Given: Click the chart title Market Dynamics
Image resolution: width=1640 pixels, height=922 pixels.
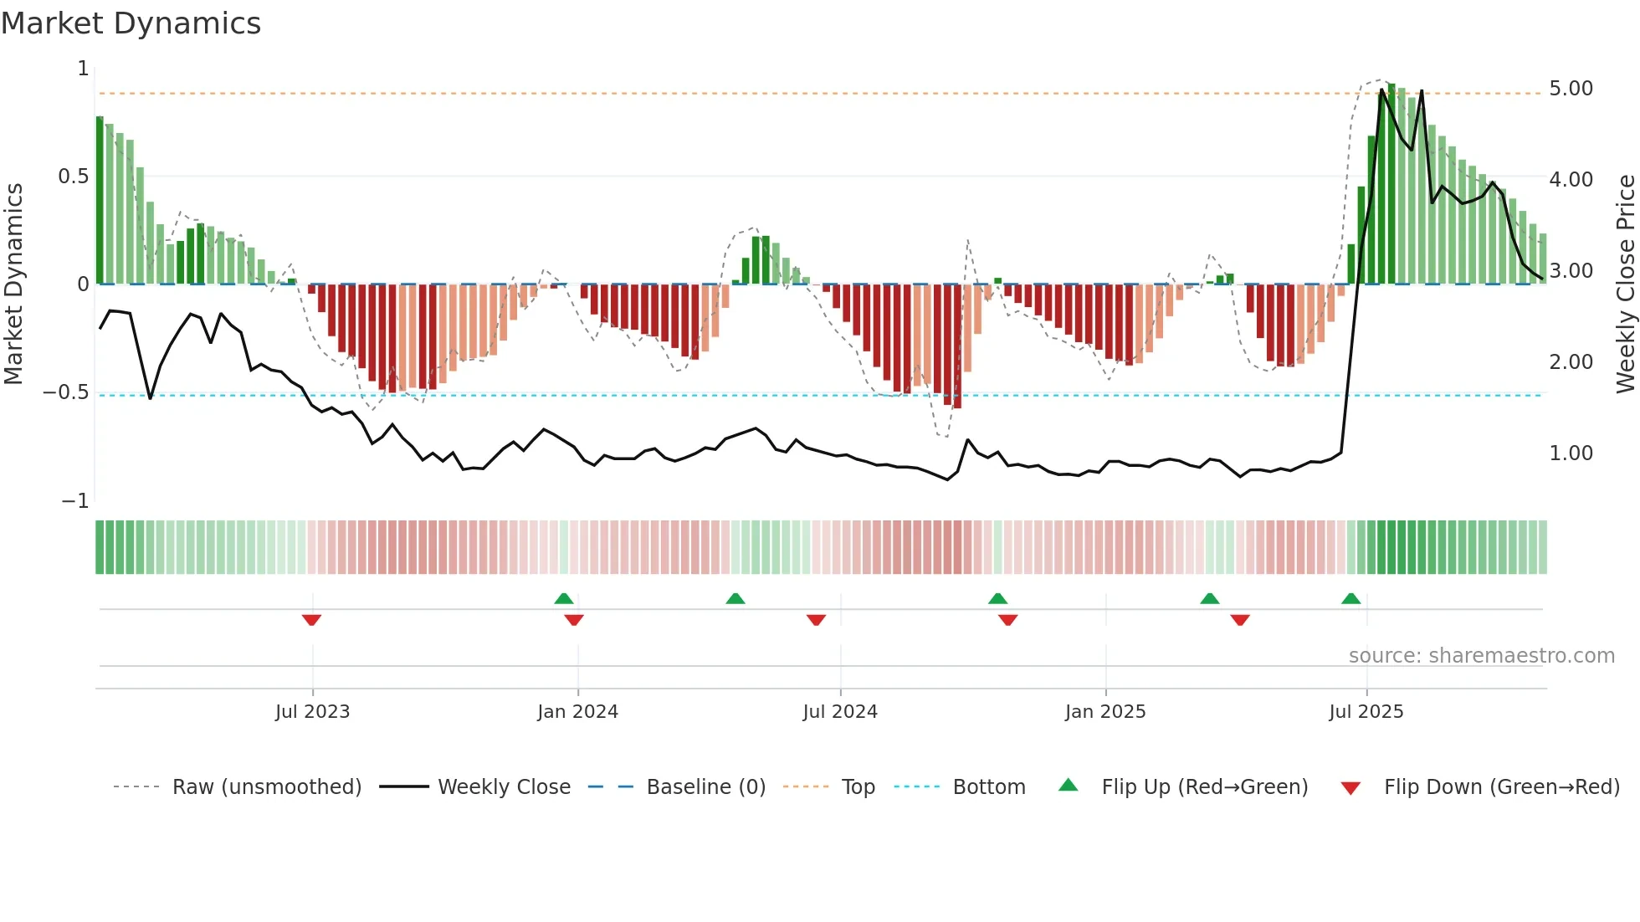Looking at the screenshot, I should [x=131, y=23].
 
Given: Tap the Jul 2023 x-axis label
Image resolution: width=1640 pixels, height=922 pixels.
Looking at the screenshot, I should [x=312, y=712].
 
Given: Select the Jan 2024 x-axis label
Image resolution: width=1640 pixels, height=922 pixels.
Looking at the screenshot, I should [x=577, y=712].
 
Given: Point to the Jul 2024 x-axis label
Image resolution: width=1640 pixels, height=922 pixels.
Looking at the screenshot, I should [x=840, y=712].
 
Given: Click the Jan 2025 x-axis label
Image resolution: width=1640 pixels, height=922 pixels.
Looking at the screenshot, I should [x=1105, y=712].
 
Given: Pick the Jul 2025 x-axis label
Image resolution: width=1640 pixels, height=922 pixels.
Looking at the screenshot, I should [x=1366, y=712].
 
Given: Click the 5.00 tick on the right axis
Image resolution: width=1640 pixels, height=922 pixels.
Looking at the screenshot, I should [x=1571, y=89].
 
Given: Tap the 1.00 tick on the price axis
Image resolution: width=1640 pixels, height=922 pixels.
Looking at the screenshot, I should [x=1571, y=453].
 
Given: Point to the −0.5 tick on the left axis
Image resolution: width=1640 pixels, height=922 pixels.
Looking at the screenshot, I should [x=65, y=392].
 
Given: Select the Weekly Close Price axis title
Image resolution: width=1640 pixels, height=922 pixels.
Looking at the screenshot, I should [x=1625, y=284].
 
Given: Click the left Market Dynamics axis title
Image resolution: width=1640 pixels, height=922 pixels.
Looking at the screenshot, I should [x=13, y=284].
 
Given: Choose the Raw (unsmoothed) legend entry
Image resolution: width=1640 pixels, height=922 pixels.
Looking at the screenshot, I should [x=266, y=787].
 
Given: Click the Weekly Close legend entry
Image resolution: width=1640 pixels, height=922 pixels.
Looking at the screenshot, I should [x=504, y=787].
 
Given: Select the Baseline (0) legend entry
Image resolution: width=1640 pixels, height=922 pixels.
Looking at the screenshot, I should [x=705, y=787].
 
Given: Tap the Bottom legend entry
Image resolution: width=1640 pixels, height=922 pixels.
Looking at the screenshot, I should [x=988, y=787].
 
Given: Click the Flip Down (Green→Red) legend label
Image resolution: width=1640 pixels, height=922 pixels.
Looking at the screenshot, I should [x=1501, y=787].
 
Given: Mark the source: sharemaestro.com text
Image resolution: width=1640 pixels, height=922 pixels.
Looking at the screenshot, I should [x=1481, y=656].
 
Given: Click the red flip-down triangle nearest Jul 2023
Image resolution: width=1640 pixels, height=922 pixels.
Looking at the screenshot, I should [x=311, y=620].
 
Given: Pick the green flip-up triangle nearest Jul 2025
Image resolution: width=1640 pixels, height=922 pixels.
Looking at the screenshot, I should [x=1350, y=598].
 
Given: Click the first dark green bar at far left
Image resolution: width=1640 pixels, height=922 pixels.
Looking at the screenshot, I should [x=100, y=201].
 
